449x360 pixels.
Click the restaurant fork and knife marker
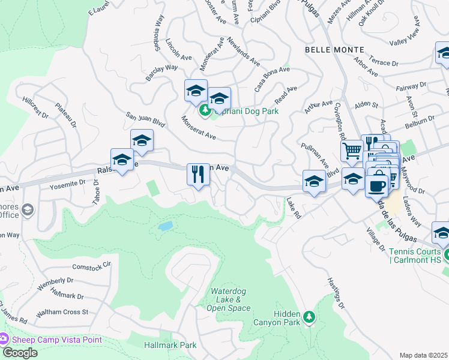tap(198, 175)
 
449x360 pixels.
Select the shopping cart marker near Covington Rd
tap(352, 150)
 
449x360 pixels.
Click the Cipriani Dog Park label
tap(246, 111)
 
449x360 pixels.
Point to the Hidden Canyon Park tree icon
tap(309, 317)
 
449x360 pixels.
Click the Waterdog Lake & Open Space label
tap(228, 299)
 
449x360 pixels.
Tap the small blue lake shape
tap(166, 226)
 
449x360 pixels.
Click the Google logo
tap(19, 353)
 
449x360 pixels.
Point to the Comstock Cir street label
tap(92, 265)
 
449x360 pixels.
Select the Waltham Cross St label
tap(62, 313)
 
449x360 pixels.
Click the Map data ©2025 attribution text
tap(424, 355)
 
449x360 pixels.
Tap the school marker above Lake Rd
tap(314, 182)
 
